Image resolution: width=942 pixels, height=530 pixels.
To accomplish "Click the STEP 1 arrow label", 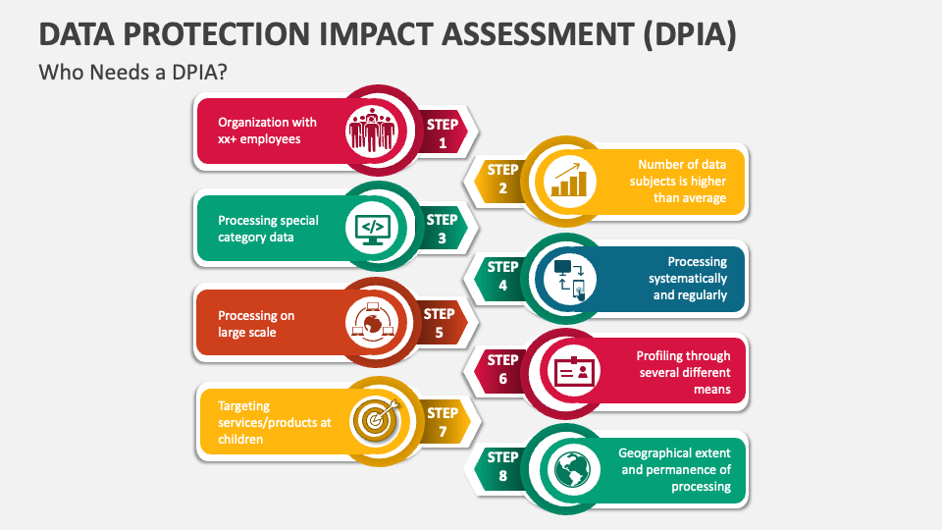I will [443, 133].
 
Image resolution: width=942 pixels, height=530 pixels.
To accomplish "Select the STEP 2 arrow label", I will [502, 179].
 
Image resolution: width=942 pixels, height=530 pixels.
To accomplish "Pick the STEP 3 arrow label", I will [442, 229].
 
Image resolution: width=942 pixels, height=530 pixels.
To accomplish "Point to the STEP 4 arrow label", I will [502, 276].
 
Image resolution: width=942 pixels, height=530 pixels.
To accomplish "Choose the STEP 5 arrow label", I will [439, 323].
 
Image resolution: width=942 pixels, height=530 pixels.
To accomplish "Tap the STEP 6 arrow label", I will [502, 369].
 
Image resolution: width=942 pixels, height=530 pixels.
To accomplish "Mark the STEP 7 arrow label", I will [443, 422].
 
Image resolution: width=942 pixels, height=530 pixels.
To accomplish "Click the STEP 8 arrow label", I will [502, 465].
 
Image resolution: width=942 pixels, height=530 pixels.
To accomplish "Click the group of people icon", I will [372, 129].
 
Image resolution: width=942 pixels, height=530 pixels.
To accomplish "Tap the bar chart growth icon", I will [569, 179].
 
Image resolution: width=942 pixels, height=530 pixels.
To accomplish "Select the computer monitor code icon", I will [372, 228].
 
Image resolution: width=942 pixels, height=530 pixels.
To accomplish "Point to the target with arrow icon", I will [374, 418].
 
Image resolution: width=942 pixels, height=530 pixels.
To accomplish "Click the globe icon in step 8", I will [570, 469].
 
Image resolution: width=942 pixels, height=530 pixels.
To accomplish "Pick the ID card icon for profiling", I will [571, 371].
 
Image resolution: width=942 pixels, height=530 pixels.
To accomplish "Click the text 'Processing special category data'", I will [268, 229].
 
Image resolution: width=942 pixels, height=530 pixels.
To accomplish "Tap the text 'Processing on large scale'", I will [256, 324].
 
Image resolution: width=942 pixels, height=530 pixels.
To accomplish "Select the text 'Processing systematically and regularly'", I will [687, 278].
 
